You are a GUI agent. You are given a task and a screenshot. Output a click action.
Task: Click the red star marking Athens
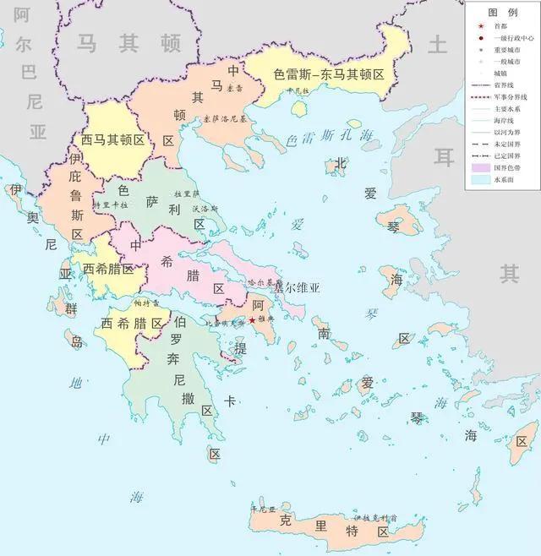pyautogui.click(x=251, y=320)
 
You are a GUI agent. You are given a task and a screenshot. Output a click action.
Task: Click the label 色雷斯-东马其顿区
pyautogui.click(x=329, y=74)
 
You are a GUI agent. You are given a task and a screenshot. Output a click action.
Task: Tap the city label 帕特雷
pyautogui.click(x=145, y=303)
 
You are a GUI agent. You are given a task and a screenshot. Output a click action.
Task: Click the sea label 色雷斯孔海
pyautogui.click(x=330, y=136)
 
